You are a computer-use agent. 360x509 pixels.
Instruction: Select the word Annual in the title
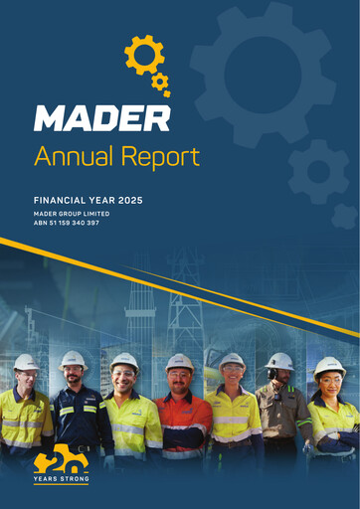pyautogui.click(x=69, y=156)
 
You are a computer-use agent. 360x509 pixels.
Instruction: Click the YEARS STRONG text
pyautogui.click(x=61, y=480)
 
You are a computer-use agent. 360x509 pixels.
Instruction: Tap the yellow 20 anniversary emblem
pyautogui.click(x=60, y=460)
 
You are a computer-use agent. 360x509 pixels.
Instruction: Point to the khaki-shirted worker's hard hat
pyautogui.click(x=279, y=361)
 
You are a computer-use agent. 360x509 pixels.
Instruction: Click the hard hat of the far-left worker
pyautogui.click(x=26, y=362)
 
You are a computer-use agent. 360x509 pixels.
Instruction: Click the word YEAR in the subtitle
pyautogui.click(x=102, y=201)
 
